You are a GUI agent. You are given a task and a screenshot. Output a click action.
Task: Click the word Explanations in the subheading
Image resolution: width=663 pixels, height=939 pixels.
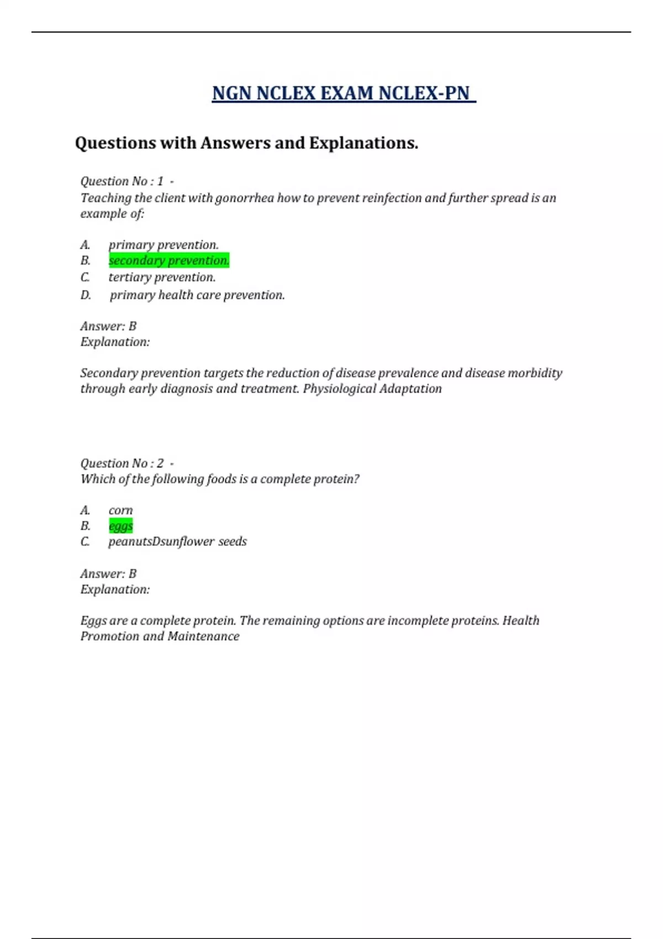pyautogui.click(x=363, y=143)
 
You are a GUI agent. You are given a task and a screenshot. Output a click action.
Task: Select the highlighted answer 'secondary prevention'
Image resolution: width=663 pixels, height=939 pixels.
pyautogui.click(x=169, y=260)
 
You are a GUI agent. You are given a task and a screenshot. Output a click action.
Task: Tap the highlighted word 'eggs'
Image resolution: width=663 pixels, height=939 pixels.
pyautogui.click(x=120, y=526)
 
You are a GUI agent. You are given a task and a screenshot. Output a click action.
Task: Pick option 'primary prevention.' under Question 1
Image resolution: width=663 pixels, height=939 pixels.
pyautogui.click(x=163, y=245)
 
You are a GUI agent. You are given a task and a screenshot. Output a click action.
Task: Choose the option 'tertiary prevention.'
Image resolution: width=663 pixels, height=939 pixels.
pyautogui.click(x=162, y=277)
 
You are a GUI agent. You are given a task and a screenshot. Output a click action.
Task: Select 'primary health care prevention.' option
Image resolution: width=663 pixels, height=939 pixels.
pyautogui.click(x=197, y=295)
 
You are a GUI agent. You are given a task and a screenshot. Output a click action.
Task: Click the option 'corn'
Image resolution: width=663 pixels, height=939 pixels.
pyautogui.click(x=120, y=510)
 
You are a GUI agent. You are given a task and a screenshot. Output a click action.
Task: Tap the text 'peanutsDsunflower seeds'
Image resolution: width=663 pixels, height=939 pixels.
pyautogui.click(x=177, y=541)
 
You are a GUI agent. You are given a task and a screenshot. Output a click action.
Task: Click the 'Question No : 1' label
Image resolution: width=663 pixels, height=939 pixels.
pyautogui.click(x=122, y=181)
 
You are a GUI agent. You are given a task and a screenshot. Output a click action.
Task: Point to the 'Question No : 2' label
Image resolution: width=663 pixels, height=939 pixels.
pyautogui.click(x=122, y=463)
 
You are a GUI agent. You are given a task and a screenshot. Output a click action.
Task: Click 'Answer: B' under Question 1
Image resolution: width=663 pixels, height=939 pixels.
pyautogui.click(x=108, y=326)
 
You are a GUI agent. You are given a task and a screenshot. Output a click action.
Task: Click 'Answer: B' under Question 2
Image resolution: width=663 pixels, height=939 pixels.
pyautogui.click(x=108, y=573)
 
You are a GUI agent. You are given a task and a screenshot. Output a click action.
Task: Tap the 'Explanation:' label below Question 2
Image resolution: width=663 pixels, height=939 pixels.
pyautogui.click(x=115, y=589)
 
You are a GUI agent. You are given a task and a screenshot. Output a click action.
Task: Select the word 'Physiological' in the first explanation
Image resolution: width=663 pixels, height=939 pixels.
pyautogui.click(x=338, y=389)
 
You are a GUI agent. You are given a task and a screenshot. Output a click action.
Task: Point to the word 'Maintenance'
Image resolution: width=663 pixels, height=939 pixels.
pyautogui.click(x=203, y=636)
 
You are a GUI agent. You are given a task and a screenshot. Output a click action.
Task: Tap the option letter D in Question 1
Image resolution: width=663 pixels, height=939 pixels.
pyautogui.click(x=85, y=295)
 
